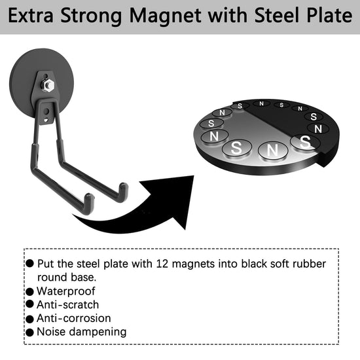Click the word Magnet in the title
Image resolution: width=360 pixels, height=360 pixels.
[x=166, y=16]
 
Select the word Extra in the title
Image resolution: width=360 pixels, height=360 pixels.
[x=31, y=16]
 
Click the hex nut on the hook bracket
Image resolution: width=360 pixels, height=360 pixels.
[x=48, y=85]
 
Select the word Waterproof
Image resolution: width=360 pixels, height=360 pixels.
[x=66, y=291]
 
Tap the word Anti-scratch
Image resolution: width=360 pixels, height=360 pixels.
[x=67, y=304]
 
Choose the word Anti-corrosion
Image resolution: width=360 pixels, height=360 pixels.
[x=74, y=318]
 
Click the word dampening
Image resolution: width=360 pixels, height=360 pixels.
[x=98, y=333]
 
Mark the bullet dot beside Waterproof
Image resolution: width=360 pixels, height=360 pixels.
[x=29, y=291]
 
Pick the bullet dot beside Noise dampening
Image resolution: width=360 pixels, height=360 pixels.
[x=29, y=333]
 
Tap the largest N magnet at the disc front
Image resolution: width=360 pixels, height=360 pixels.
[x=273, y=151]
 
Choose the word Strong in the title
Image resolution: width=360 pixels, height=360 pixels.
[x=91, y=16]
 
